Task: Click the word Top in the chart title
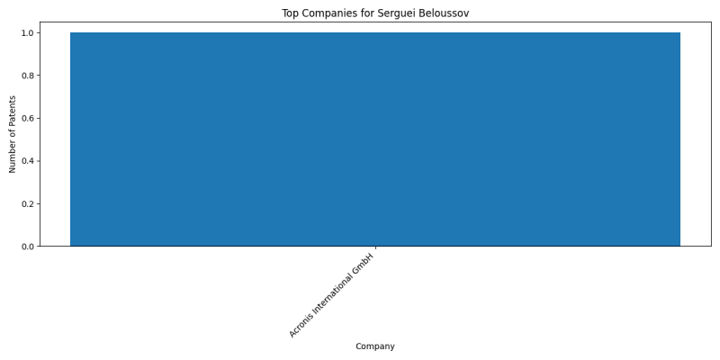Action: pos(288,13)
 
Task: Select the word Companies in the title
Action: pos(320,13)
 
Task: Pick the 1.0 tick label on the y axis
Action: pos(28,33)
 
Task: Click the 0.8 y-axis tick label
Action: pos(28,76)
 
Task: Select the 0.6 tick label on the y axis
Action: pos(28,119)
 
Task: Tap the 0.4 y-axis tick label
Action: pos(28,161)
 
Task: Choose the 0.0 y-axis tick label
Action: pos(28,247)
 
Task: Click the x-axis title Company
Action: pos(375,346)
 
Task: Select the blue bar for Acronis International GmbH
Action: pos(375,139)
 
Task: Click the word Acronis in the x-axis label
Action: pos(301,326)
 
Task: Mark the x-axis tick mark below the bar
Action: pos(375,248)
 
